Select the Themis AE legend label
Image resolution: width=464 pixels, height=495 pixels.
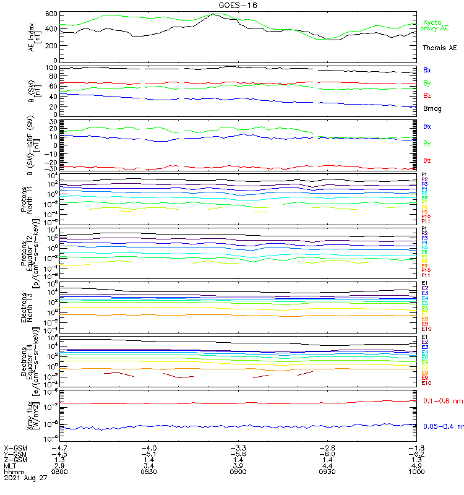[x=439, y=48]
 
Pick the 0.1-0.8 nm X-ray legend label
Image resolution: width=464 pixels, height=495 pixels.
[x=442, y=402]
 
